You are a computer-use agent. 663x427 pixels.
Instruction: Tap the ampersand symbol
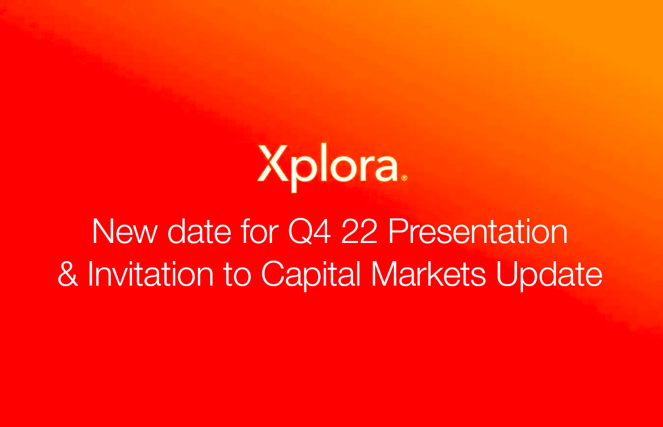coord(68,275)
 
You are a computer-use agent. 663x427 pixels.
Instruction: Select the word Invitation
coord(150,275)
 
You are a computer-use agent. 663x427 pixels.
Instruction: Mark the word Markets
coord(428,275)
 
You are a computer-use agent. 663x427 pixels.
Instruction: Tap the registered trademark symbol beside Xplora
coord(404,179)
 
